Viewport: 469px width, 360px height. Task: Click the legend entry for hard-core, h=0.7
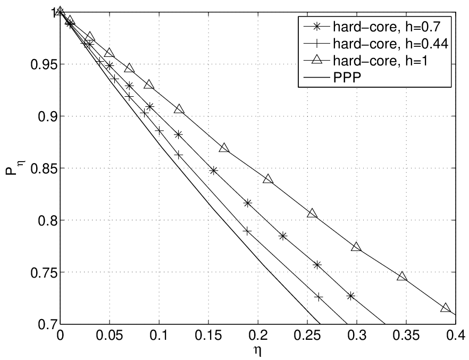point(372,27)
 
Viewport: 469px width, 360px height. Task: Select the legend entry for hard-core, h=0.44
point(375,44)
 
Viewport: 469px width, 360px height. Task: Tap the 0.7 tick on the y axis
point(47,324)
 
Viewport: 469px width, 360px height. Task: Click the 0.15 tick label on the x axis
point(208,336)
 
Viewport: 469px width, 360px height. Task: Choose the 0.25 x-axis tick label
point(307,336)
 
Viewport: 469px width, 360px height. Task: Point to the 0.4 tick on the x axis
point(456,336)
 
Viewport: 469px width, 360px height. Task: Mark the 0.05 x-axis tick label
point(110,336)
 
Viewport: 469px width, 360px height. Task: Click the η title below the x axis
point(258,351)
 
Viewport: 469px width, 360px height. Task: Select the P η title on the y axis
point(15,169)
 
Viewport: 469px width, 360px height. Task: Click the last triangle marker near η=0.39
point(446,307)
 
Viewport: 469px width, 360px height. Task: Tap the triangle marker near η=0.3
point(356,247)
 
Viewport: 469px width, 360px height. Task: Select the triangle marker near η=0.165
point(224,148)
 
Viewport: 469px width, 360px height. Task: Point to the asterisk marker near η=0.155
point(213,171)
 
